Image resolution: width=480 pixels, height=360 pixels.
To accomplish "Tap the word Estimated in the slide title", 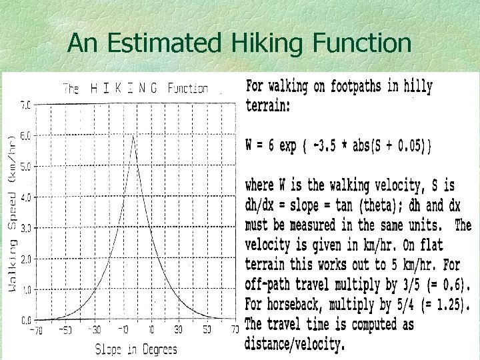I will (x=160, y=44).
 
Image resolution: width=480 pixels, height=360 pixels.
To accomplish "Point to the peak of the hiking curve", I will (x=134, y=136).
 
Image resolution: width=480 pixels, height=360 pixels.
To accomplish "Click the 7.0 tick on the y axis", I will (x=26, y=105).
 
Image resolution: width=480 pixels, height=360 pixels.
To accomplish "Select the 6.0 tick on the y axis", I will (x=26, y=135).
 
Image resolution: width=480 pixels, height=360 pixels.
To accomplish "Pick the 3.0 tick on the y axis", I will (x=26, y=228).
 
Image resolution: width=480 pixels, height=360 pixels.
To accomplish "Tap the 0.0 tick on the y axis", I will (x=26, y=320).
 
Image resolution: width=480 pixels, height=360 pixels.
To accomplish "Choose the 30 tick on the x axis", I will (x=179, y=330).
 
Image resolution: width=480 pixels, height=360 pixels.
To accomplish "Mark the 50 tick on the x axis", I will (x=207, y=330).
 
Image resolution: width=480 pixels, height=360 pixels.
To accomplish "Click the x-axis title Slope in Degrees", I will (x=136, y=348).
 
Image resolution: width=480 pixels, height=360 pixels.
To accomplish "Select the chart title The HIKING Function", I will (x=135, y=88).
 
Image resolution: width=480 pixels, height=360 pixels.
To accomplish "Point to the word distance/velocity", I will (x=295, y=344).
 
